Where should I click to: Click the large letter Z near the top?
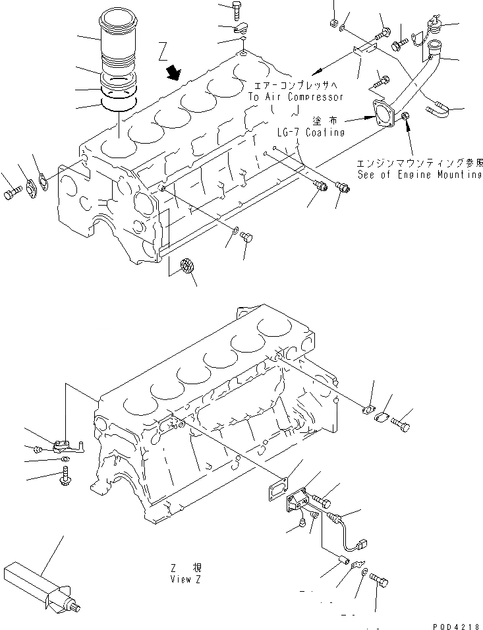[x=165, y=51]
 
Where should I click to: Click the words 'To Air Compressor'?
[x=295, y=97]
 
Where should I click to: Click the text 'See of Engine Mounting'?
[x=420, y=175]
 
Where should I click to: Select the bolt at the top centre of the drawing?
[x=237, y=9]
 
